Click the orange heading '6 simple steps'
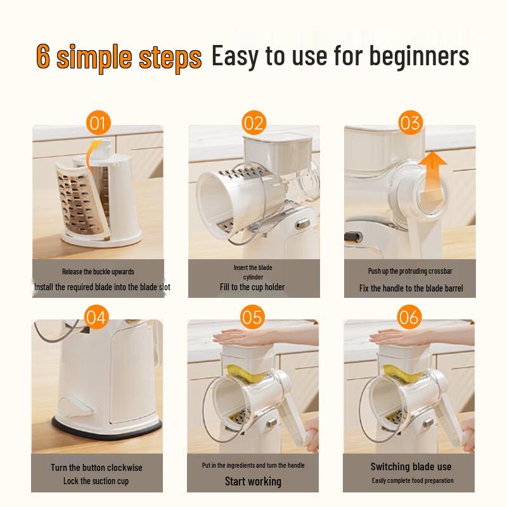(x=119, y=56)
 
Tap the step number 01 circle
(x=98, y=122)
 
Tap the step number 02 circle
(x=253, y=122)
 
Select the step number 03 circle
(x=409, y=122)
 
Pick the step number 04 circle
(x=96, y=317)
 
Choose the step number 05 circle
(x=252, y=317)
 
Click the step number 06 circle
(x=409, y=317)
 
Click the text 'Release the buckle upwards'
(x=98, y=272)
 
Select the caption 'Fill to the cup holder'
(x=252, y=287)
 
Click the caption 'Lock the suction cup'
(x=96, y=481)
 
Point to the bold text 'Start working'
(x=253, y=482)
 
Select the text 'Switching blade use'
(x=411, y=467)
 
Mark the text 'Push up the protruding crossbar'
(x=410, y=271)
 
